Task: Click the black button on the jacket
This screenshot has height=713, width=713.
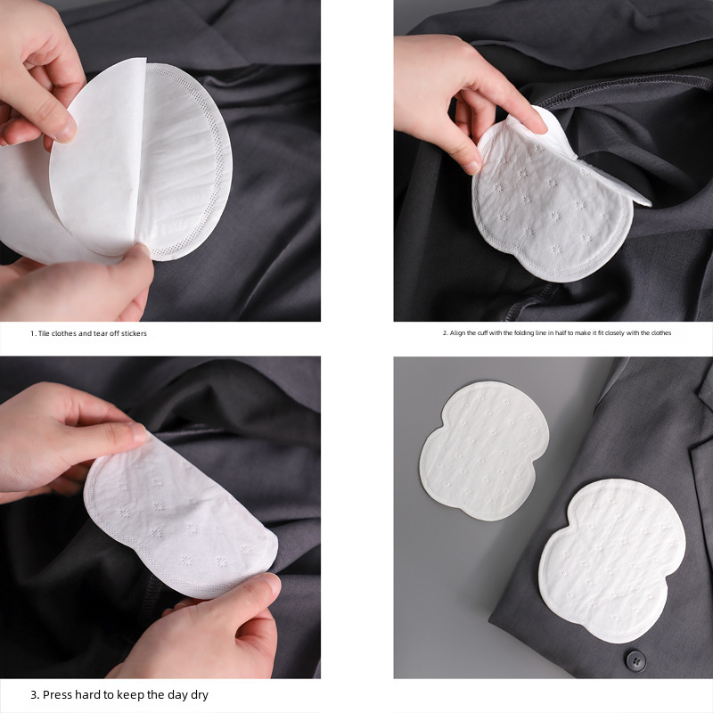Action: pyautogui.click(x=635, y=660)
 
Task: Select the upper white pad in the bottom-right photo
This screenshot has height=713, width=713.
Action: pyautogui.click(x=483, y=449)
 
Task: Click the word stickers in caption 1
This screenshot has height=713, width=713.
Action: pyautogui.click(x=131, y=333)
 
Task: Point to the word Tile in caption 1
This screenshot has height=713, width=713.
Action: pyautogui.click(x=44, y=333)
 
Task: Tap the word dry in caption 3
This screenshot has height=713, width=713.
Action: pyautogui.click(x=198, y=694)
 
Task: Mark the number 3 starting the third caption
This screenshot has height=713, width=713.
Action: pyautogui.click(x=33, y=694)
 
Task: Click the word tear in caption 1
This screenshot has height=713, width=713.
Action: pyautogui.click(x=96, y=333)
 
